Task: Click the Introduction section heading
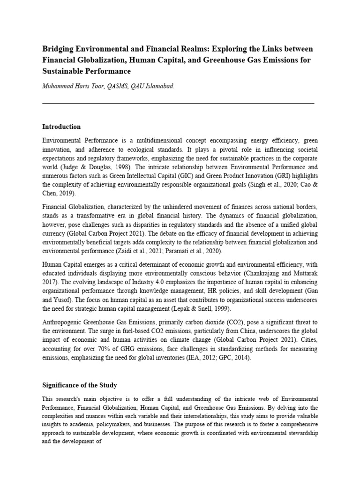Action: tap(61, 127)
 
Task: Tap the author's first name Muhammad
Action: tap(58, 86)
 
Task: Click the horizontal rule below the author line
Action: tap(178, 103)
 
